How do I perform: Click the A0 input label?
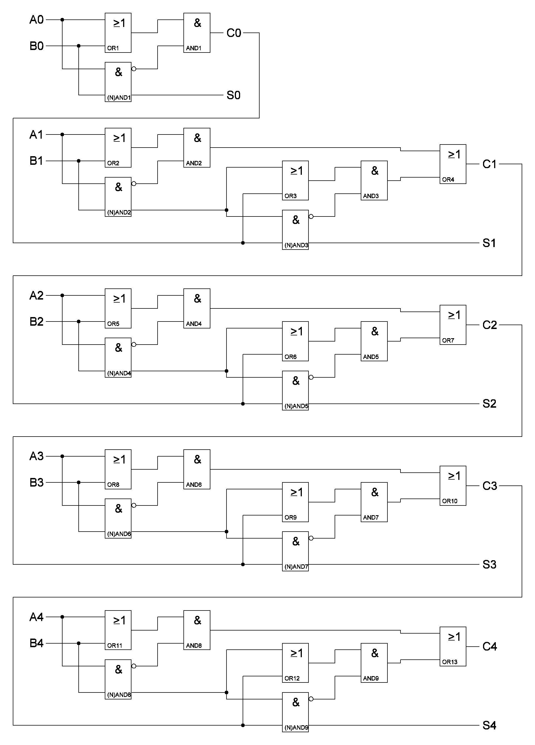(36, 20)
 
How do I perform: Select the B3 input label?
(36, 483)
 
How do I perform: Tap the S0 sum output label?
(233, 95)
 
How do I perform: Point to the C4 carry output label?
(489, 646)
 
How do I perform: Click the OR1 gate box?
(118, 33)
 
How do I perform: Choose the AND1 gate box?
(196, 33)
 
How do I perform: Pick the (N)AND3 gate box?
(295, 230)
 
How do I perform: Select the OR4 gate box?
(453, 164)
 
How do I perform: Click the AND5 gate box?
(374, 341)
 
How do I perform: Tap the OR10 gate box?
(453, 485)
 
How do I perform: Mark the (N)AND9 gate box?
(295, 712)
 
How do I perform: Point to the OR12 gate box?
(295, 663)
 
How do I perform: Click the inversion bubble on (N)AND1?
(134, 69)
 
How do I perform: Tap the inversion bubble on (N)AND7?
(311, 538)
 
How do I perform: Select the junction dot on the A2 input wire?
(62, 295)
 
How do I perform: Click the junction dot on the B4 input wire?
(79, 643)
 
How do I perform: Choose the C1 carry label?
(489, 164)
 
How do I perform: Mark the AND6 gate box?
(196, 469)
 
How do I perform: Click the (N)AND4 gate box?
(118, 358)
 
